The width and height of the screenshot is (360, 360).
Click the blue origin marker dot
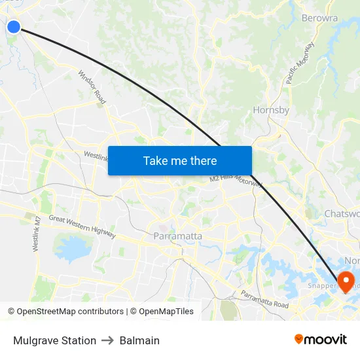pyautogui.click(x=13, y=26)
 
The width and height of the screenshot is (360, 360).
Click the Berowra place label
pyautogui.click(x=320, y=18)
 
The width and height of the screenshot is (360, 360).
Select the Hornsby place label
pyautogui.click(x=271, y=110)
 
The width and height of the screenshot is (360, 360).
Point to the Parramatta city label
pyautogui.click(x=177, y=236)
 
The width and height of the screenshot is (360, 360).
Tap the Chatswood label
pyautogui.click(x=342, y=214)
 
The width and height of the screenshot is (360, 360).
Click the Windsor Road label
pyautogui.click(x=92, y=87)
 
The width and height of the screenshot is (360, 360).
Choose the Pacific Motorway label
pyautogui.click(x=300, y=63)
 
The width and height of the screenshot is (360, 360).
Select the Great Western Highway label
pyautogui.click(x=82, y=227)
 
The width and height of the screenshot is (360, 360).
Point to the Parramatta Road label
pyautogui.click(x=264, y=299)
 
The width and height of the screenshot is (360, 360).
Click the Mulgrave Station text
pyautogui.click(x=54, y=340)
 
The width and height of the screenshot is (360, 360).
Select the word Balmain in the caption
pyautogui.click(x=139, y=340)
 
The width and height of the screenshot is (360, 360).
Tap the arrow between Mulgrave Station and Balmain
pyautogui.click(x=108, y=340)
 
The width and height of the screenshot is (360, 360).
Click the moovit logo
pyautogui.click(x=321, y=339)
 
